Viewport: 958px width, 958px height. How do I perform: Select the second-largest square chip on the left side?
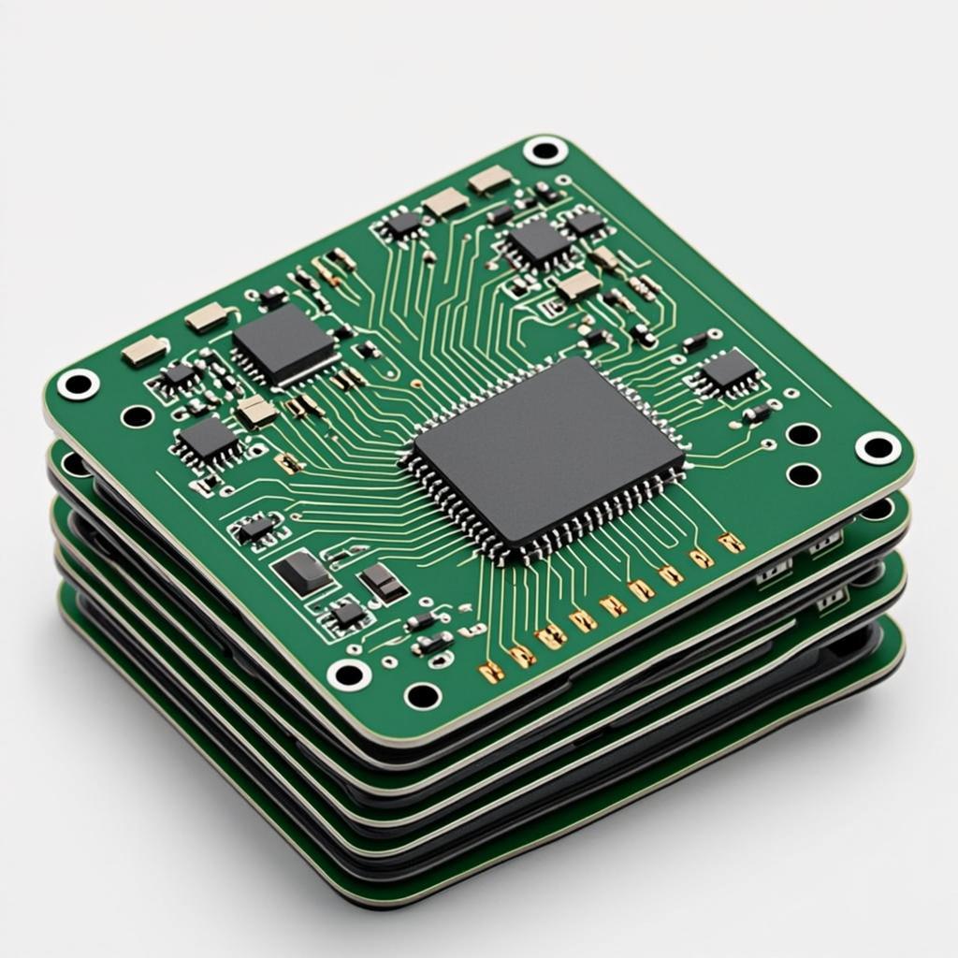[283, 343]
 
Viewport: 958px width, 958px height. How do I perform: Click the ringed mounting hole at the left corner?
[78, 384]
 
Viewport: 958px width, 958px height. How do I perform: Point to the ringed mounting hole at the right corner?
[878, 447]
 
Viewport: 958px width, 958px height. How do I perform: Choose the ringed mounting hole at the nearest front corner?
[349, 673]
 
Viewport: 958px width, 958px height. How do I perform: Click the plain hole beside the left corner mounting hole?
[138, 415]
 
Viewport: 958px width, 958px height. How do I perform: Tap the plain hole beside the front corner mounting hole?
[422, 695]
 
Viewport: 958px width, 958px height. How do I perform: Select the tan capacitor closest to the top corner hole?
[490, 180]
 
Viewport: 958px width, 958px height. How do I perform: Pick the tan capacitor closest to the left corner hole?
[145, 352]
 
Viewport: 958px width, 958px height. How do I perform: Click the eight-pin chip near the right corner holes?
[729, 373]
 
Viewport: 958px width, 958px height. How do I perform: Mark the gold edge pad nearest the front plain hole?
[491, 670]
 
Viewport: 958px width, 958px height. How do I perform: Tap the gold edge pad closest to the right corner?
[731, 542]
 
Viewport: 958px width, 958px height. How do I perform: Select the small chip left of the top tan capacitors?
[403, 224]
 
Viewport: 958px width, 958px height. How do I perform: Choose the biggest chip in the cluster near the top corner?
[539, 241]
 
